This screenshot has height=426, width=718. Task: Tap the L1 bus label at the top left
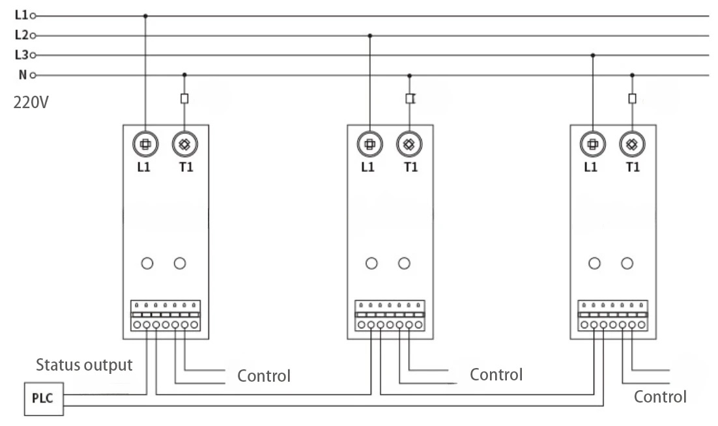pos(20,15)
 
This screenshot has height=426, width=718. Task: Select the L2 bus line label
pos(20,35)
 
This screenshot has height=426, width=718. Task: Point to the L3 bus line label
pos(20,55)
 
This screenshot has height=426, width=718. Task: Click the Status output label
pos(84,365)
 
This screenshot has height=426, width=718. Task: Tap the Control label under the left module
pos(264,376)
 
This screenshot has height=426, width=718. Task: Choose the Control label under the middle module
pos(496,375)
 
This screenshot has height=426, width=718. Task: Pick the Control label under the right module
pos(661,397)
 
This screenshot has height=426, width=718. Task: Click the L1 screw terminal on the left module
pos(145,145)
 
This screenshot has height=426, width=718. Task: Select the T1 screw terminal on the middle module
pos(409,145)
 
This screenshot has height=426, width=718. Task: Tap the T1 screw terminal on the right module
pos(632,145)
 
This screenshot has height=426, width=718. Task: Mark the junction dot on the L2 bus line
pos(370,35)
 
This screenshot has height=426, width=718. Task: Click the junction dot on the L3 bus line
pos(592,55)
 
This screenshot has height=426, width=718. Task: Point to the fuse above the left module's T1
pos(184,98)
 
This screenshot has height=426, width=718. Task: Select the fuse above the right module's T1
pos(632,98)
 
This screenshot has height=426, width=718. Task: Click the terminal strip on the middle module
pos(390,316)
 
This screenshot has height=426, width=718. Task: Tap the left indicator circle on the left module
pos(147,263)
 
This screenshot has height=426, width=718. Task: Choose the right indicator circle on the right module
pos(627,263)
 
